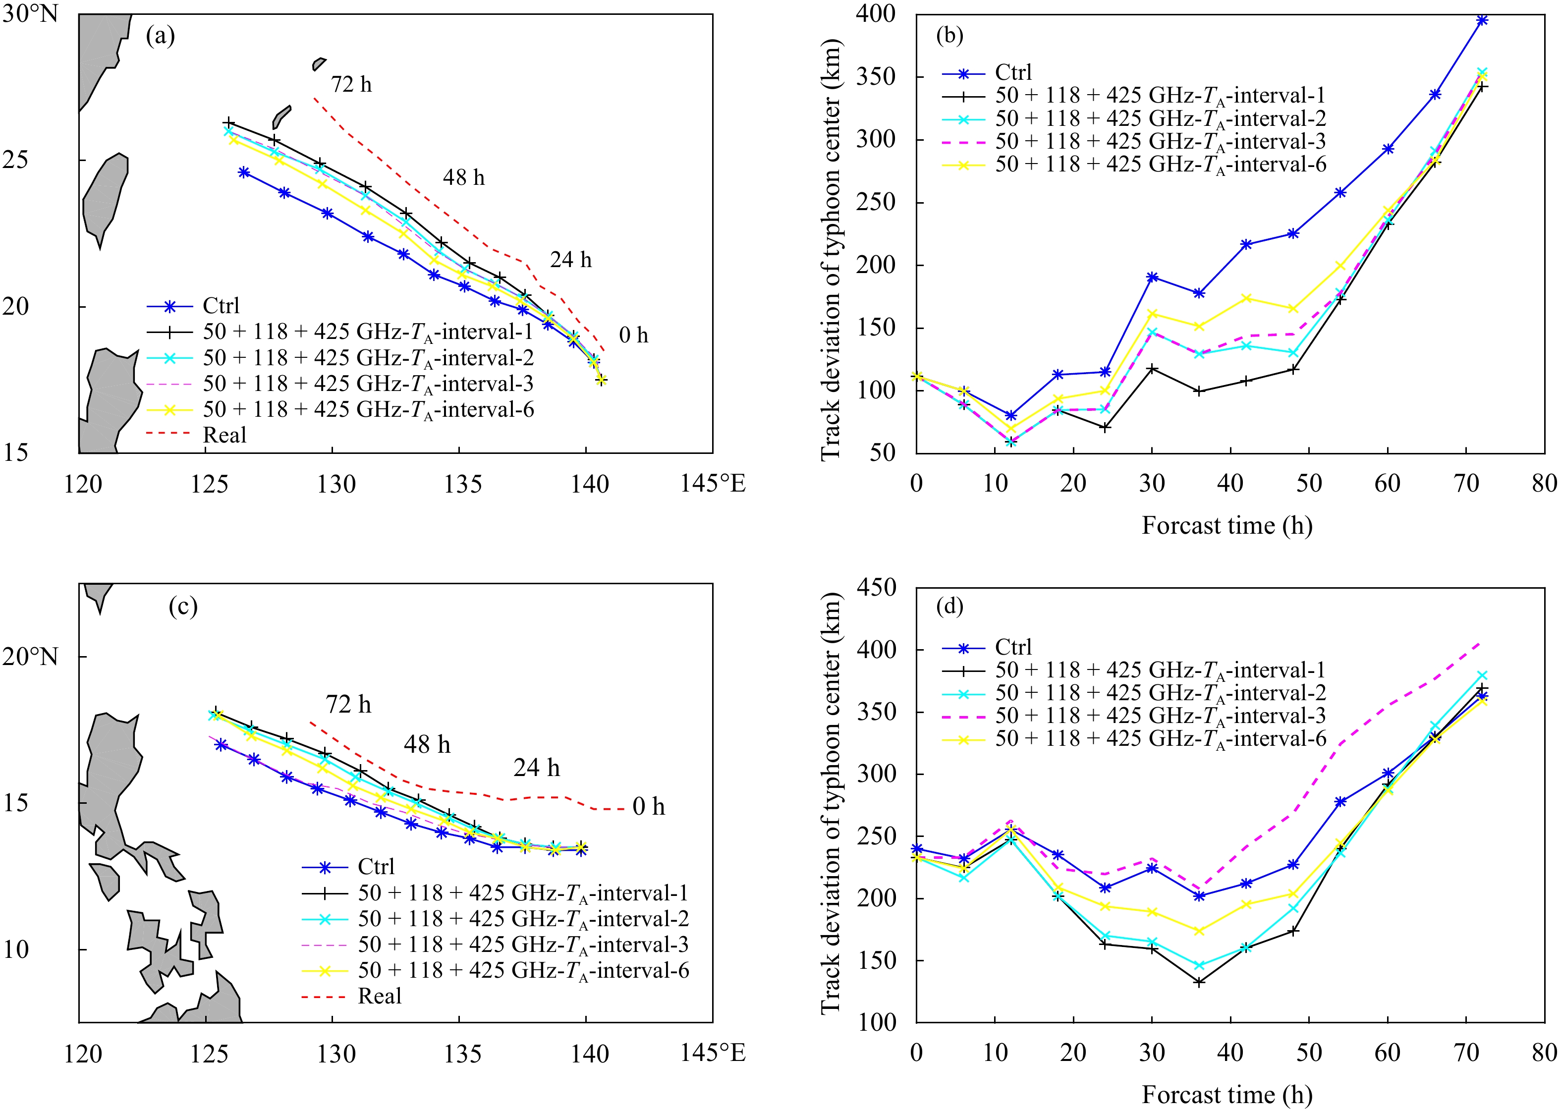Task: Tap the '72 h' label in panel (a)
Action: (x=351, y=84)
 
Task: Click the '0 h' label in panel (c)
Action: (x=648, y=807)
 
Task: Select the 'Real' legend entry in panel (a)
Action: (x=224, y=435)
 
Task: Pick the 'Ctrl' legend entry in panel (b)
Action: (x=1012, y=72)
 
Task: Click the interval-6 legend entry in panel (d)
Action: (x=1161, y=739)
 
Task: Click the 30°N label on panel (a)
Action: (x=30, y=14)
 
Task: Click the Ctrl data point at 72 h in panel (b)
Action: (x=1482, y=20)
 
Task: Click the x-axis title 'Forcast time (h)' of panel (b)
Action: (x=1227, y=525)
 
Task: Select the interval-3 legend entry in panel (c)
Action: (x=523, y=945)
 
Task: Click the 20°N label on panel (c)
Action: (x=30, y=657)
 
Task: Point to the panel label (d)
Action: (x=949, y=606)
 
